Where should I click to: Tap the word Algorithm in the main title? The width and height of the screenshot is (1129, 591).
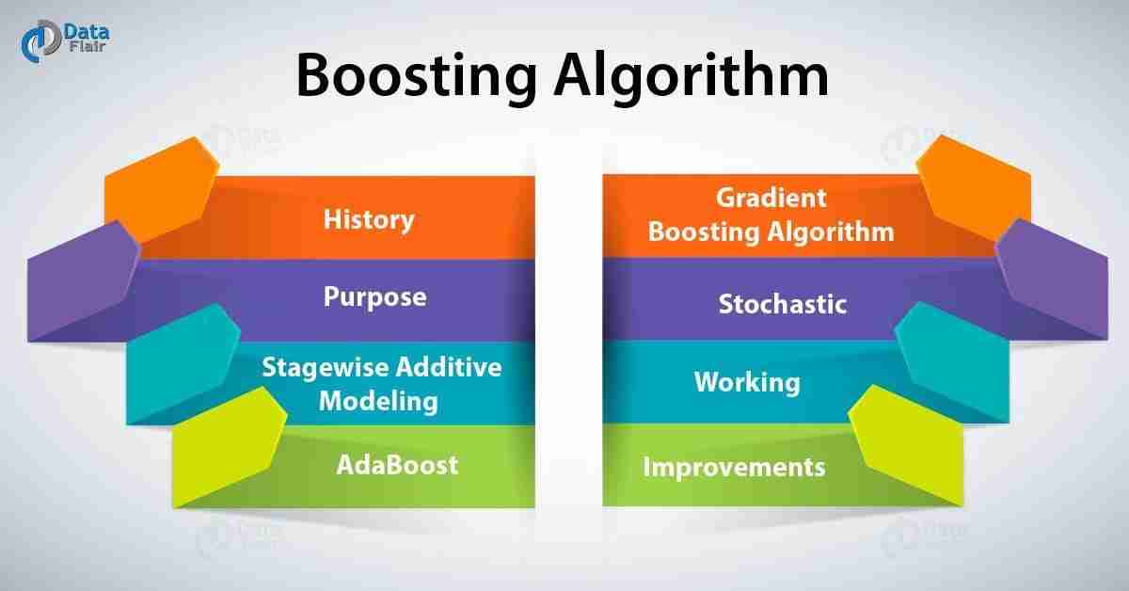point(692,75)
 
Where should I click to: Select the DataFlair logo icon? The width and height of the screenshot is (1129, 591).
point(40,41)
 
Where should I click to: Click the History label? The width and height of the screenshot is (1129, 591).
point(369,220)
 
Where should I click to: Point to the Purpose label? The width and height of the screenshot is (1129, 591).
point(375,297)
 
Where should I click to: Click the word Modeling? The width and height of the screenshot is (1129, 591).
point(378,402)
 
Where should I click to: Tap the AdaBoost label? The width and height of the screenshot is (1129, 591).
point(397,465)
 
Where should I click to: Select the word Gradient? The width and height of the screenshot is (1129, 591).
point(771,198)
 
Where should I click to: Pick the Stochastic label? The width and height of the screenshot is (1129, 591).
point(782,304)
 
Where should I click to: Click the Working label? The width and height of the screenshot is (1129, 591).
point(747,382)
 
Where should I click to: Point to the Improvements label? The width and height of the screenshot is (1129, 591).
point(734,467)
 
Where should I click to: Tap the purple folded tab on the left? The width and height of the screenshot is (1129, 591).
point(84,280)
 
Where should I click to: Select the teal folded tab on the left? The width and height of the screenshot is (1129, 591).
point(183,363)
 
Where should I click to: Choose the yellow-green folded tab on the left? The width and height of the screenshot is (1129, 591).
point(230,446)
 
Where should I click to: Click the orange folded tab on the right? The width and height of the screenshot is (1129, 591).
point(974,187)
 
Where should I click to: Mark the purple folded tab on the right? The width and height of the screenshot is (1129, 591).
point(1052,279)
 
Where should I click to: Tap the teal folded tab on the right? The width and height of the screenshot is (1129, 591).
point(952,361)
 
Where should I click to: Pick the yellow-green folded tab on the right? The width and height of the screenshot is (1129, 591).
point(906,445)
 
